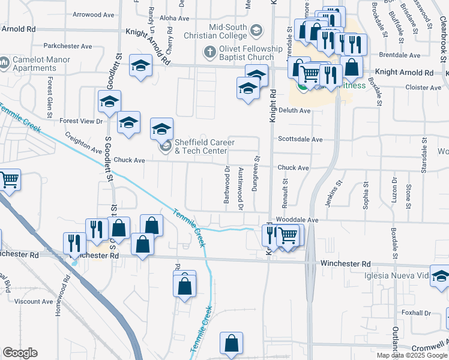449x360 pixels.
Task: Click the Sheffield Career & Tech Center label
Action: (204, 146)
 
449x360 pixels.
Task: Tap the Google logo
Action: (20, 353)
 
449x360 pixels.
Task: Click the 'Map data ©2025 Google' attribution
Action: (412, 355)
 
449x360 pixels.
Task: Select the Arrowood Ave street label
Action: (93, 14)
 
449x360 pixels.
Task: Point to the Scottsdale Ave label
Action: (300, 139)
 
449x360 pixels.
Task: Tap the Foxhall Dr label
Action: (417, 313)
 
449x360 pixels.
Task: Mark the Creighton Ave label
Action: (84, 143)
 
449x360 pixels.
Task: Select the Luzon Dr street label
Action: (395, 193)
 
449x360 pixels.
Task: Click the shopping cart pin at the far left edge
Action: (9, 179)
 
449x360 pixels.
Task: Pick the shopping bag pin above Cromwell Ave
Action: (231, 344)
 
